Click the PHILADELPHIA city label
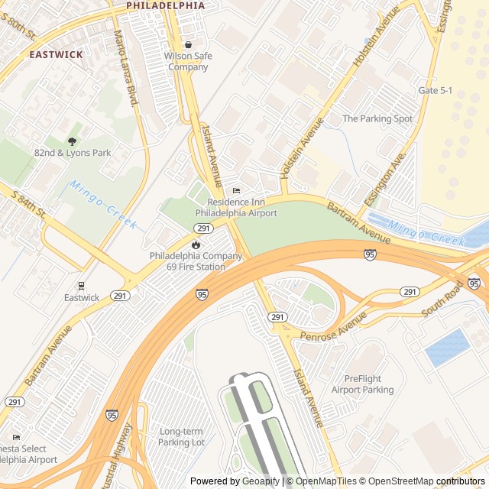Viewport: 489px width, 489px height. (x=165, y=5)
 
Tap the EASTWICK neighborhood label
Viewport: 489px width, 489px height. (x=56, y=55)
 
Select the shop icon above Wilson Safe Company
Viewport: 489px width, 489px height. (x=187, y=44)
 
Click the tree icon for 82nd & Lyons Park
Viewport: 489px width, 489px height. (x=72, y=141)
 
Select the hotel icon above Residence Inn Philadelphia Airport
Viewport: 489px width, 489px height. (x=236, y=190)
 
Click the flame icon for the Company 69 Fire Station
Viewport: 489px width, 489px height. (x=196, y=244)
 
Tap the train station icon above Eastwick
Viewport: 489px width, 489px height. (x=81, y=286)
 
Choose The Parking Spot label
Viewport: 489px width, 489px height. (x=377, y=118)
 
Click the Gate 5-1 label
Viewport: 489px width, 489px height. (x=436, y=90)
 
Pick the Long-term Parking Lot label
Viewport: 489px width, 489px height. (x=182, y=437)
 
